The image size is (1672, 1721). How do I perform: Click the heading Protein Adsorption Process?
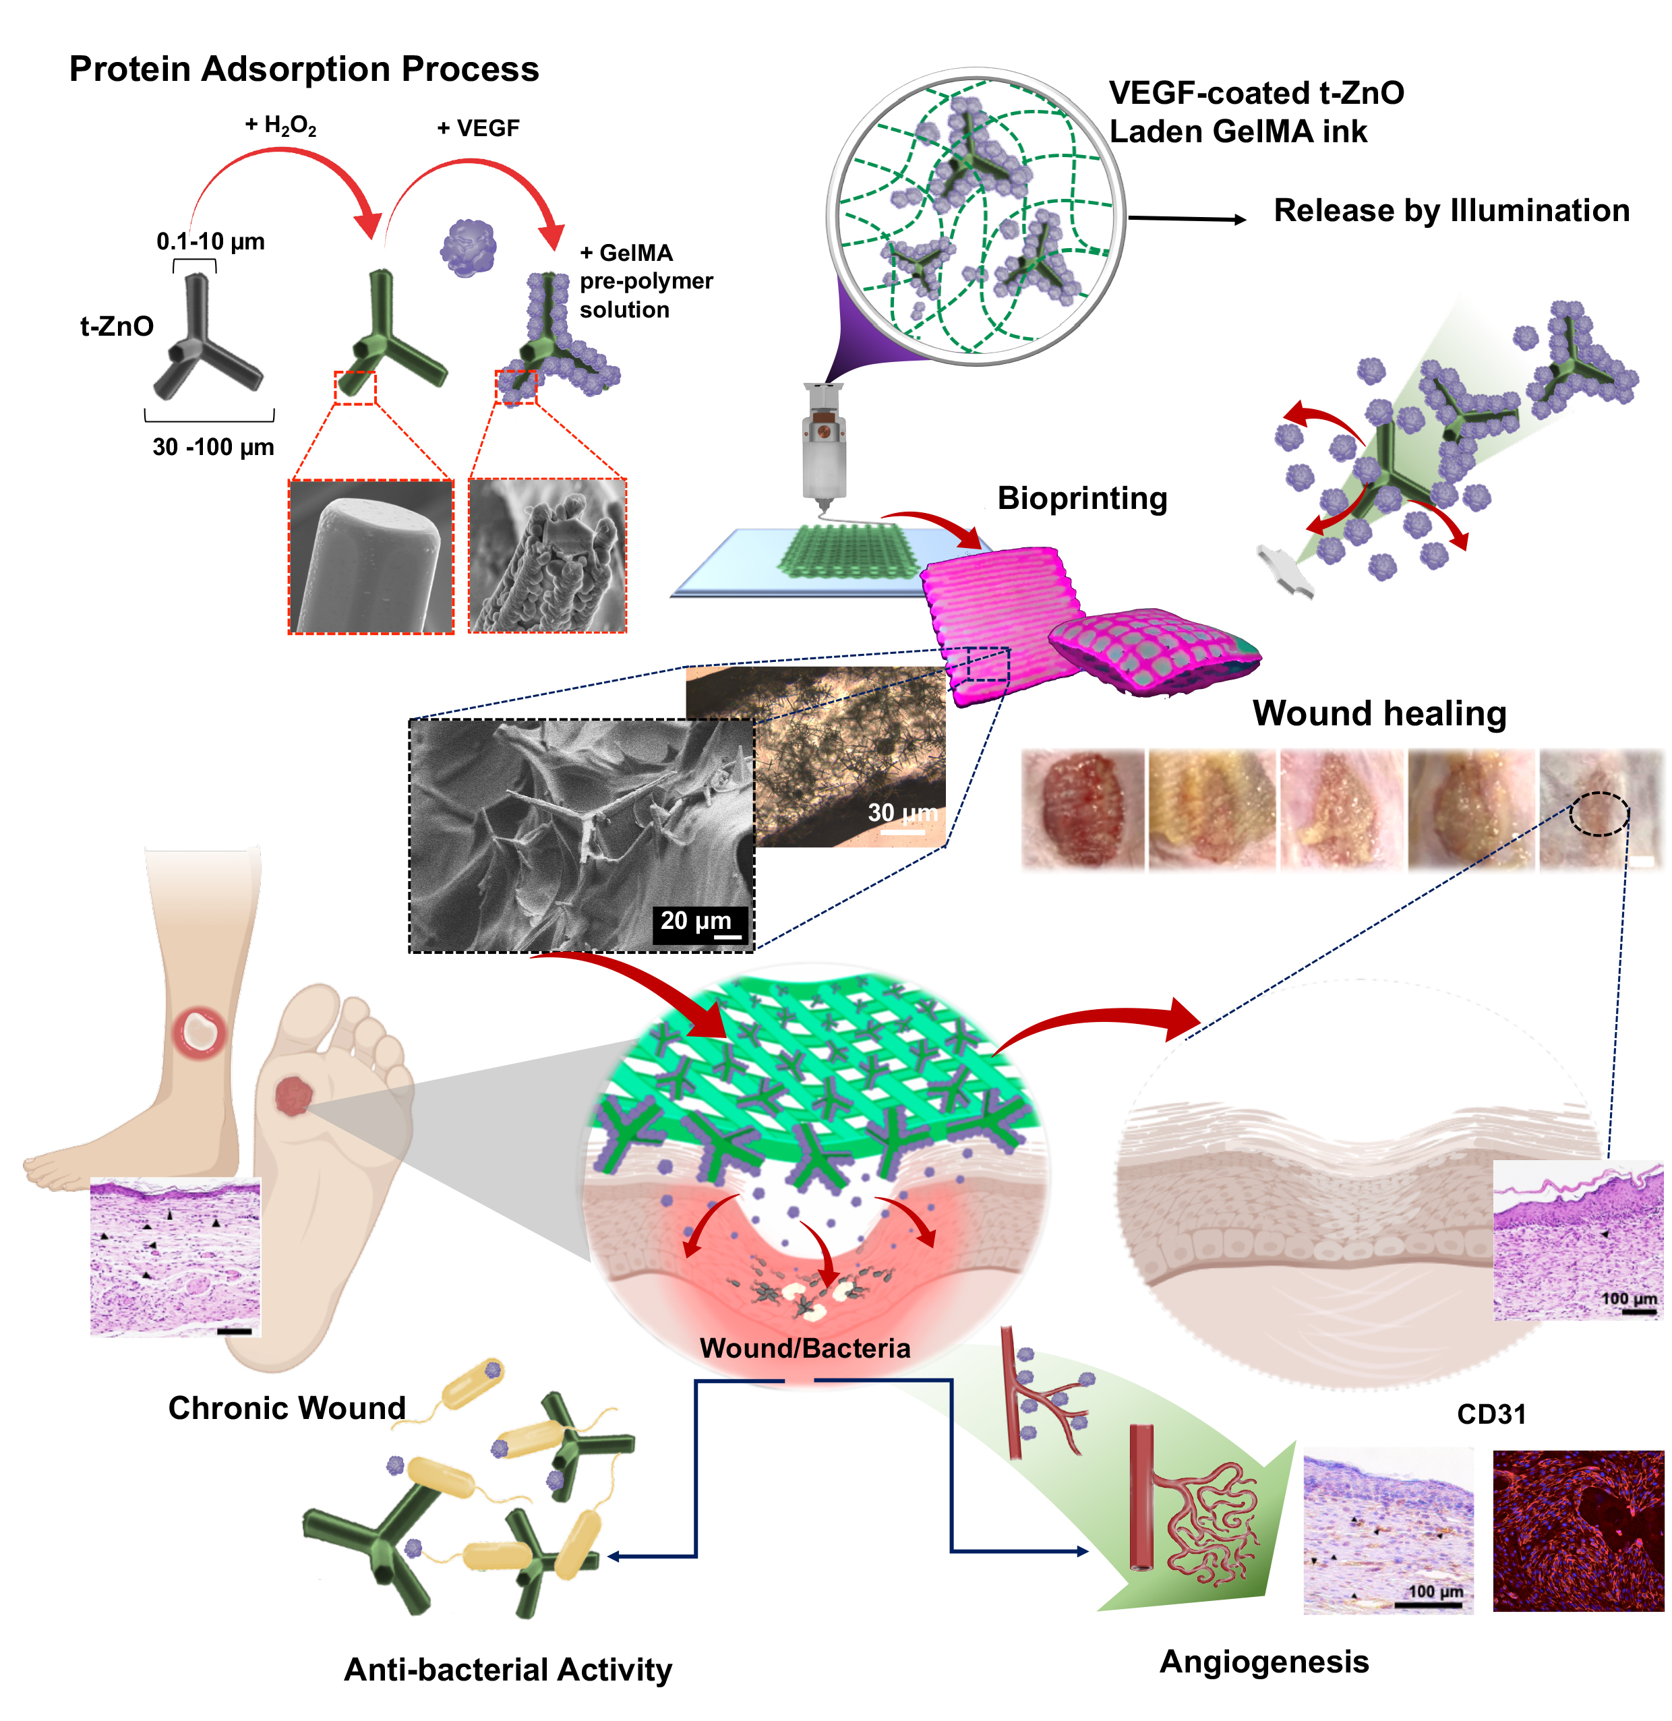click(304, 69)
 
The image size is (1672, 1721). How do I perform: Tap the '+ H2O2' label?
click(280, 127)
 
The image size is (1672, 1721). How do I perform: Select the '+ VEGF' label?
click(479, 128)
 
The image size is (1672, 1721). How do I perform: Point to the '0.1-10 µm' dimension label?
click(211, 241)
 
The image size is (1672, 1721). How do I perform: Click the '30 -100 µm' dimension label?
click(214, 447)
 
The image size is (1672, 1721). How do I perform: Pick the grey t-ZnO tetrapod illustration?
click(206, 338)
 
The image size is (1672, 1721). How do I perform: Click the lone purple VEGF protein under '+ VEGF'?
click(468, 247)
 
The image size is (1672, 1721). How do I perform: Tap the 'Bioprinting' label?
click(1082, 498)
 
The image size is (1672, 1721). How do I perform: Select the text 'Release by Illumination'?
click(1452, 211)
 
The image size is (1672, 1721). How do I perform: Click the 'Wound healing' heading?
click(1379, 713)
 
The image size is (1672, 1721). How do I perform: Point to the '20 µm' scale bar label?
click(696, 920)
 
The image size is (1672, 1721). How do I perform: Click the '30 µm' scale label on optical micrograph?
click(903, 813)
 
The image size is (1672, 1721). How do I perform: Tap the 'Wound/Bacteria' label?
click(804, 1348)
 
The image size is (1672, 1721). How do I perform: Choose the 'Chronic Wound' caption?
click(287, 1408)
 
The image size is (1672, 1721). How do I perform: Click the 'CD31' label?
click(1491, 1414)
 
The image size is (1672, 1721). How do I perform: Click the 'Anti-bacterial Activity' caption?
click(508, 1669)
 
